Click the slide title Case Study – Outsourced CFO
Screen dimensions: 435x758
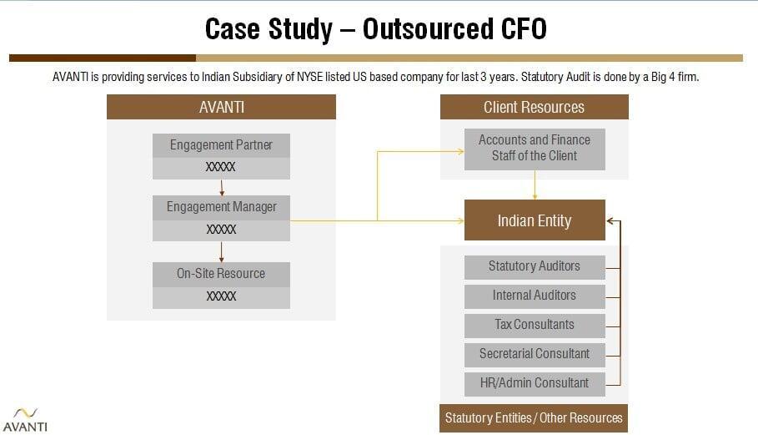[376, 29]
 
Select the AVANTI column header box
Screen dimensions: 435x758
[221, 107]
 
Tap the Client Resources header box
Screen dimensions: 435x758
[534, 107]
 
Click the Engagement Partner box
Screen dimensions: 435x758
[221, 145]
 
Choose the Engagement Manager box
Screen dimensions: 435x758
[221, 207]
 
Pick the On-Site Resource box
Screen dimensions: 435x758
[221, 274]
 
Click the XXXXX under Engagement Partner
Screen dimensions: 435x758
[221, 168]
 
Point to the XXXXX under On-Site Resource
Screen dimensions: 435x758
[221, 296]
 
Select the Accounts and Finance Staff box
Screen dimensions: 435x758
[534, 149]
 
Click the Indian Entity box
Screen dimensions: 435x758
[534, 220]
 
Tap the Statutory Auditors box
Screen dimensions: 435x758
[534, 266]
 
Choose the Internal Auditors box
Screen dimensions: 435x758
[534, 296]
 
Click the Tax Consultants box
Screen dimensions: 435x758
[534, 325]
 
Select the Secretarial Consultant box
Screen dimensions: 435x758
[534, 354]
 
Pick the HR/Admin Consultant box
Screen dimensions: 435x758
[534, 383]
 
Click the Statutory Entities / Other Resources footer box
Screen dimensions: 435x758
[534, 417]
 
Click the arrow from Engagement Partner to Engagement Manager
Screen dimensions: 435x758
[222, 187]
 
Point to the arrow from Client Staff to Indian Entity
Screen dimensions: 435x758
[535, 185]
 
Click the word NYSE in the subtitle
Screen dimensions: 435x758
[314, 77]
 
